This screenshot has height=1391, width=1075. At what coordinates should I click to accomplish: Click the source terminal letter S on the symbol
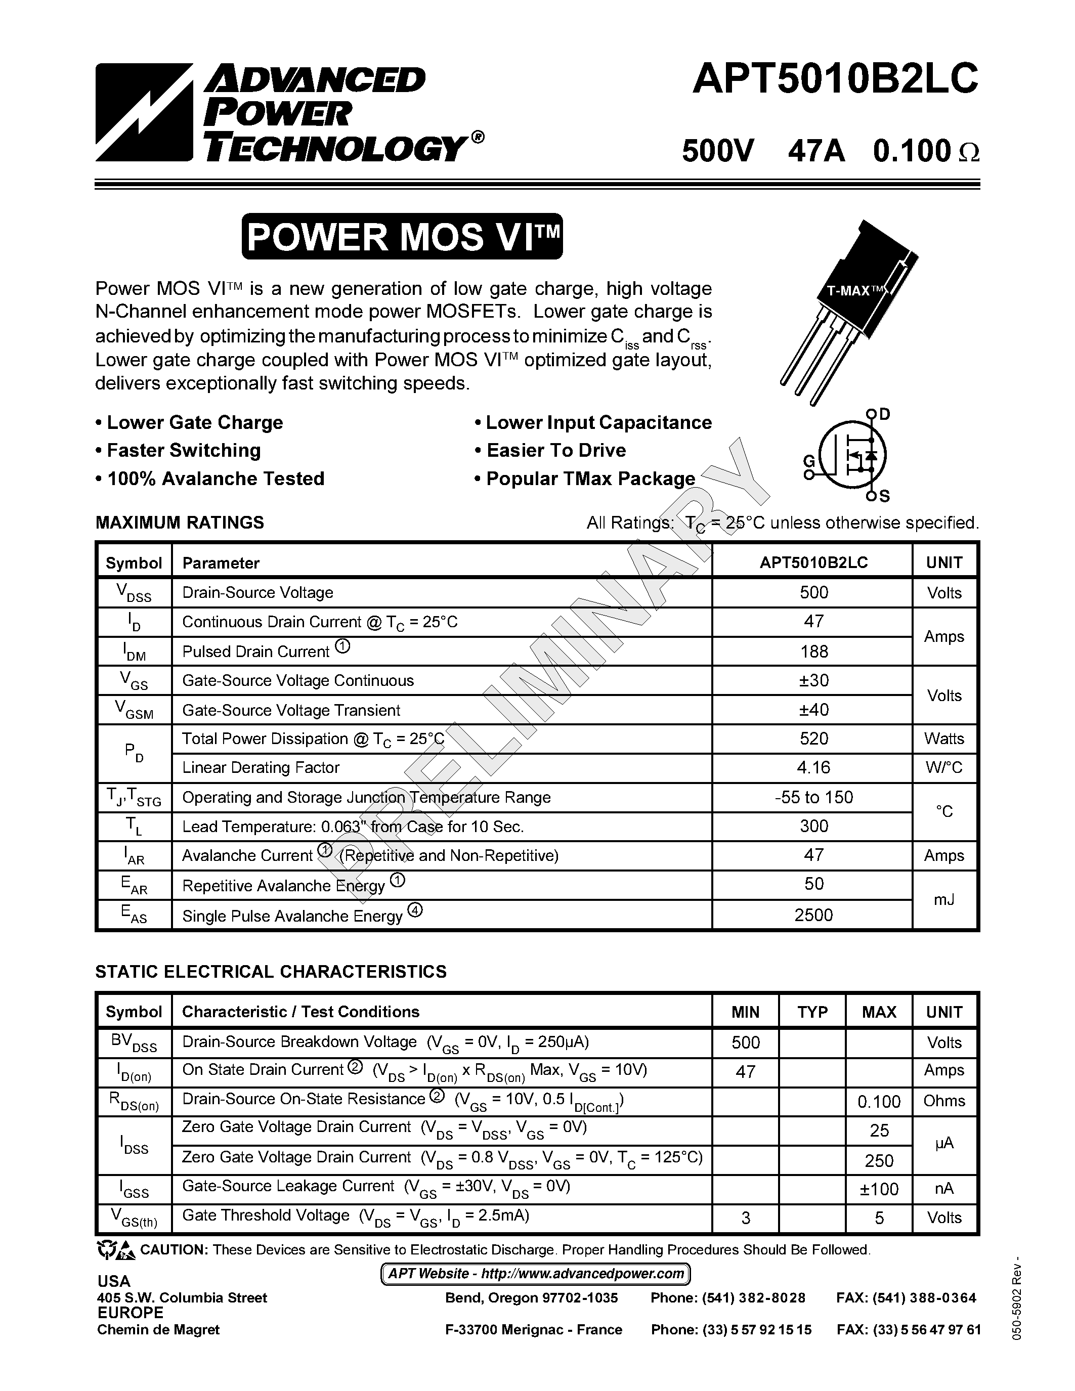coord(885,496)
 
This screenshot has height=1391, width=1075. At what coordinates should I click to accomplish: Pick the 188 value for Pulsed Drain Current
coord(813,651)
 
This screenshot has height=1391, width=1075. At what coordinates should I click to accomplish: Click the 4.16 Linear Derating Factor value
coord(813,767)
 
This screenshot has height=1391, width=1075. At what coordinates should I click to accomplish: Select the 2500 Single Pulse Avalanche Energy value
coord(813,915)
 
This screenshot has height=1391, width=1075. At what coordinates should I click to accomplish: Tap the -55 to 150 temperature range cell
coord(813,797)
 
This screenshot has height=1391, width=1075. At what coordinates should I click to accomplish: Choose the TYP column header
coord(812,1012)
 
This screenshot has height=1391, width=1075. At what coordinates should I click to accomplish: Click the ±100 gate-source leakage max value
coord(879,1189)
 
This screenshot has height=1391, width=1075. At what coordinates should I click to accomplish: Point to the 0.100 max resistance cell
coord(879,1101)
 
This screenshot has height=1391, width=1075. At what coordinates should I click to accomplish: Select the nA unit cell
coord(944,1189)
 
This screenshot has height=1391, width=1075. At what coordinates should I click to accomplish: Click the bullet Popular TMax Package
coord(585,479)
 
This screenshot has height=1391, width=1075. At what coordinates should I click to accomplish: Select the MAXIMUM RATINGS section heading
coord(180,523)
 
